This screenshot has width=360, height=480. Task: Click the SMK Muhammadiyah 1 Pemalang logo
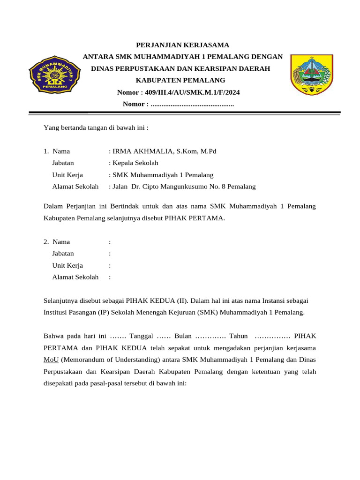click(52, 74)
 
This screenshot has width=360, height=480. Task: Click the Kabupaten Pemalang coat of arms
click(311, 74)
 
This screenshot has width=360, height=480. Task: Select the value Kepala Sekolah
click(135, 163)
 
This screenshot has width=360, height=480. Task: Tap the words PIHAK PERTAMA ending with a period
click(195, 218)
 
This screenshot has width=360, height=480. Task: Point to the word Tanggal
click(141, 337)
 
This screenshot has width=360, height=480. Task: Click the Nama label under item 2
click(61, 242)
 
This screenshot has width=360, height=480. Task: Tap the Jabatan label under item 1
click(63, 163)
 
